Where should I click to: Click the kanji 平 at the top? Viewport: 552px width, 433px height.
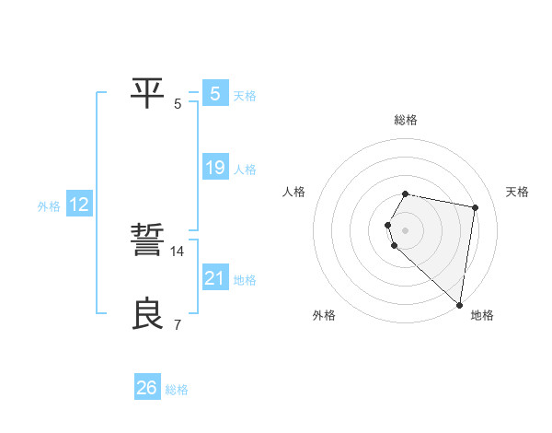coord(148,92)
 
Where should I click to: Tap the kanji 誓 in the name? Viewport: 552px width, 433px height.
coord(148,240)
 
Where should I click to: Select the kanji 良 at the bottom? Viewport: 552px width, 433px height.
coord(148,313)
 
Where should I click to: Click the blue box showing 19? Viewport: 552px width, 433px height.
coord(215,168)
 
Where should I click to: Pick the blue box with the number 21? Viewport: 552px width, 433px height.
coord(215,278)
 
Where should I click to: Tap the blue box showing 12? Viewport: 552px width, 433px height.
coord(78,205)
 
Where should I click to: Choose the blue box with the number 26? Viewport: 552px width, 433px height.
coord(147,388)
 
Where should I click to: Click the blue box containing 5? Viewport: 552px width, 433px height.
coord(215,93)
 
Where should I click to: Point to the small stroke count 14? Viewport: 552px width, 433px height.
coord(178,251)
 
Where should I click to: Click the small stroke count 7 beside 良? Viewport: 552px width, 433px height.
coord(178,324)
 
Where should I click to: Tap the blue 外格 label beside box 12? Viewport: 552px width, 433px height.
coord(49,206)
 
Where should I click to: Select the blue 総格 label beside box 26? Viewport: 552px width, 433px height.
coord(177,390)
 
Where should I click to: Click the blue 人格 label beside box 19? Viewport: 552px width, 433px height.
coord(245,170)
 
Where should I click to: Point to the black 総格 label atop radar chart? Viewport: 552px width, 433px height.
coord(406,120)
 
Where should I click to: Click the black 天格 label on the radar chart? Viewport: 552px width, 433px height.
coord(517,192)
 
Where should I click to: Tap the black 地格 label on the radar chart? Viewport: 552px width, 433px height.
coord(482,315)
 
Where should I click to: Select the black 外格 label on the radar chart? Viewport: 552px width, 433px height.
coord(324,315)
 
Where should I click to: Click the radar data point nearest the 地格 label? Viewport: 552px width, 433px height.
coord(459,304)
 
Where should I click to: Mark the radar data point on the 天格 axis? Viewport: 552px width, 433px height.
coord(475,207)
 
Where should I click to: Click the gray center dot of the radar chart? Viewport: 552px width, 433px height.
coord(405,229)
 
